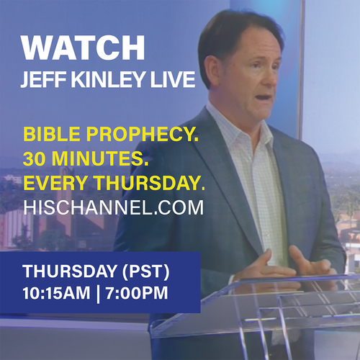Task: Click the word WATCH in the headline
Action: [x=83, y=48]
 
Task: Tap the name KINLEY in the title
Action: [x=108, y=79]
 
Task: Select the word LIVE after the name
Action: [x=173, y=79]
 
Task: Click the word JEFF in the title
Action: [x=43, y=79]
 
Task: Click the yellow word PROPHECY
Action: [x=143, y=134]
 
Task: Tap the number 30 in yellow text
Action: [x=34, y=158]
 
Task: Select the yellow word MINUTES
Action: [x=100, y=158]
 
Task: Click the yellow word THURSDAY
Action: [x=150, y=183]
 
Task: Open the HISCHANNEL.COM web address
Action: [x=114, y=207]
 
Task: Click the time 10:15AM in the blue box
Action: [x=56, y=293]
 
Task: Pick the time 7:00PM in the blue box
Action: [x=137, y=293]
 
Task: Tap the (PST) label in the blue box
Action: [x=146, y=271]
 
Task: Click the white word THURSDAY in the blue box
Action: [x=70, y=271]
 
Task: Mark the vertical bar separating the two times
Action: [x=98, y=293]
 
